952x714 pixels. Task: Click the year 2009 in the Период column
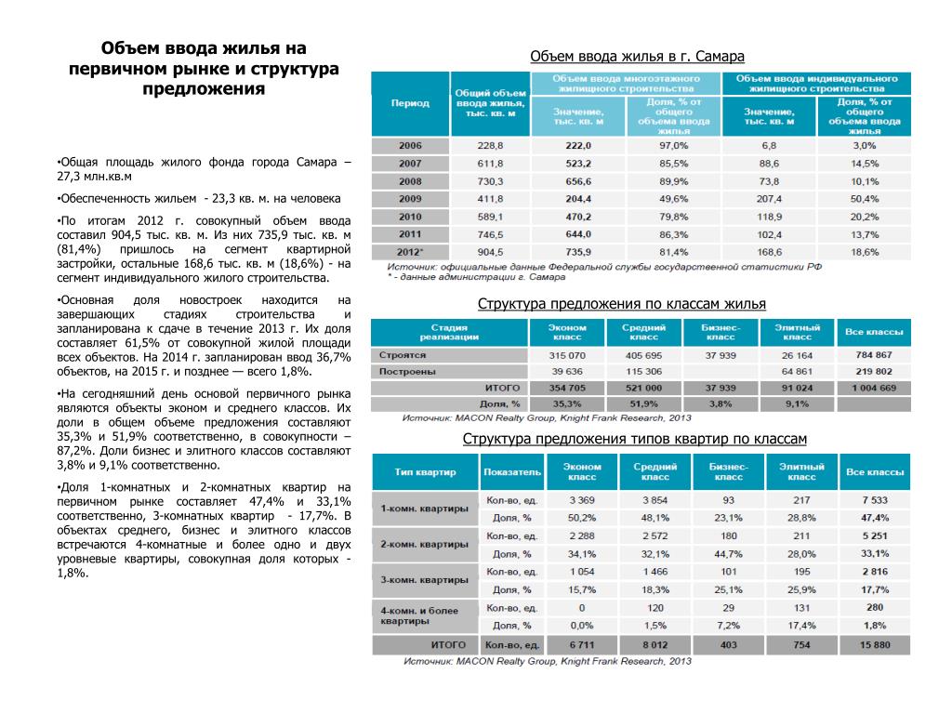(x=410, y=199)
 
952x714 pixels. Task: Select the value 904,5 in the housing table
(x=490, y=252)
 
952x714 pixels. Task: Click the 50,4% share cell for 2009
(x=864, y=199)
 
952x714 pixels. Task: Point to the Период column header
(x=410, y=103)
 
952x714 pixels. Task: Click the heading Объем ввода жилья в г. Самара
(x=638, y=57)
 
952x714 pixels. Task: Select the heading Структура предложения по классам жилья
(x=622, y=305)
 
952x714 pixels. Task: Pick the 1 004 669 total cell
(x=873, y=388)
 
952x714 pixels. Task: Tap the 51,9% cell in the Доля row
(x=643, y=403)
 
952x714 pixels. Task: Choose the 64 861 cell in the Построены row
(x=797, y=371)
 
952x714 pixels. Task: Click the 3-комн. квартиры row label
(x=425, y=579)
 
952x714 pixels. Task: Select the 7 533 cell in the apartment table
(x=874, y=500)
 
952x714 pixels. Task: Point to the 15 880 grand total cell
(x=874, y=645)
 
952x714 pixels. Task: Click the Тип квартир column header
(x=424, y=471)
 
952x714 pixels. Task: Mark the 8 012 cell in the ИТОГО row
(x=648, y=645)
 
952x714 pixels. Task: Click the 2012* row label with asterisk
(x=410, y=252)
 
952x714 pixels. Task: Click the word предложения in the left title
(x=204, y=89)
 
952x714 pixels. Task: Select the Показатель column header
(x=511, y=471)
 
